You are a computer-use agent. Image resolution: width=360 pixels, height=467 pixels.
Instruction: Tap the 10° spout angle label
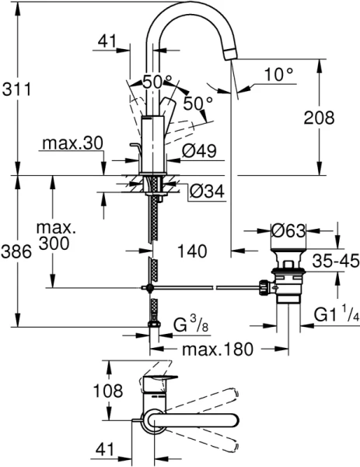click(278, 74)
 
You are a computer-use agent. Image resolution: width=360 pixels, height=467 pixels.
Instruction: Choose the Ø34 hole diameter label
click(207, 190)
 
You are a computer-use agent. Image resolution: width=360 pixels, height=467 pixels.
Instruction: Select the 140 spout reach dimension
click(191, 251)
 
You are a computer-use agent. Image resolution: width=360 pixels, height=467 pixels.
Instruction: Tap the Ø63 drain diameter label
click(287, 230)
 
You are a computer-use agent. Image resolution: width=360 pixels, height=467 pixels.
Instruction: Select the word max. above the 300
click(59, 228)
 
